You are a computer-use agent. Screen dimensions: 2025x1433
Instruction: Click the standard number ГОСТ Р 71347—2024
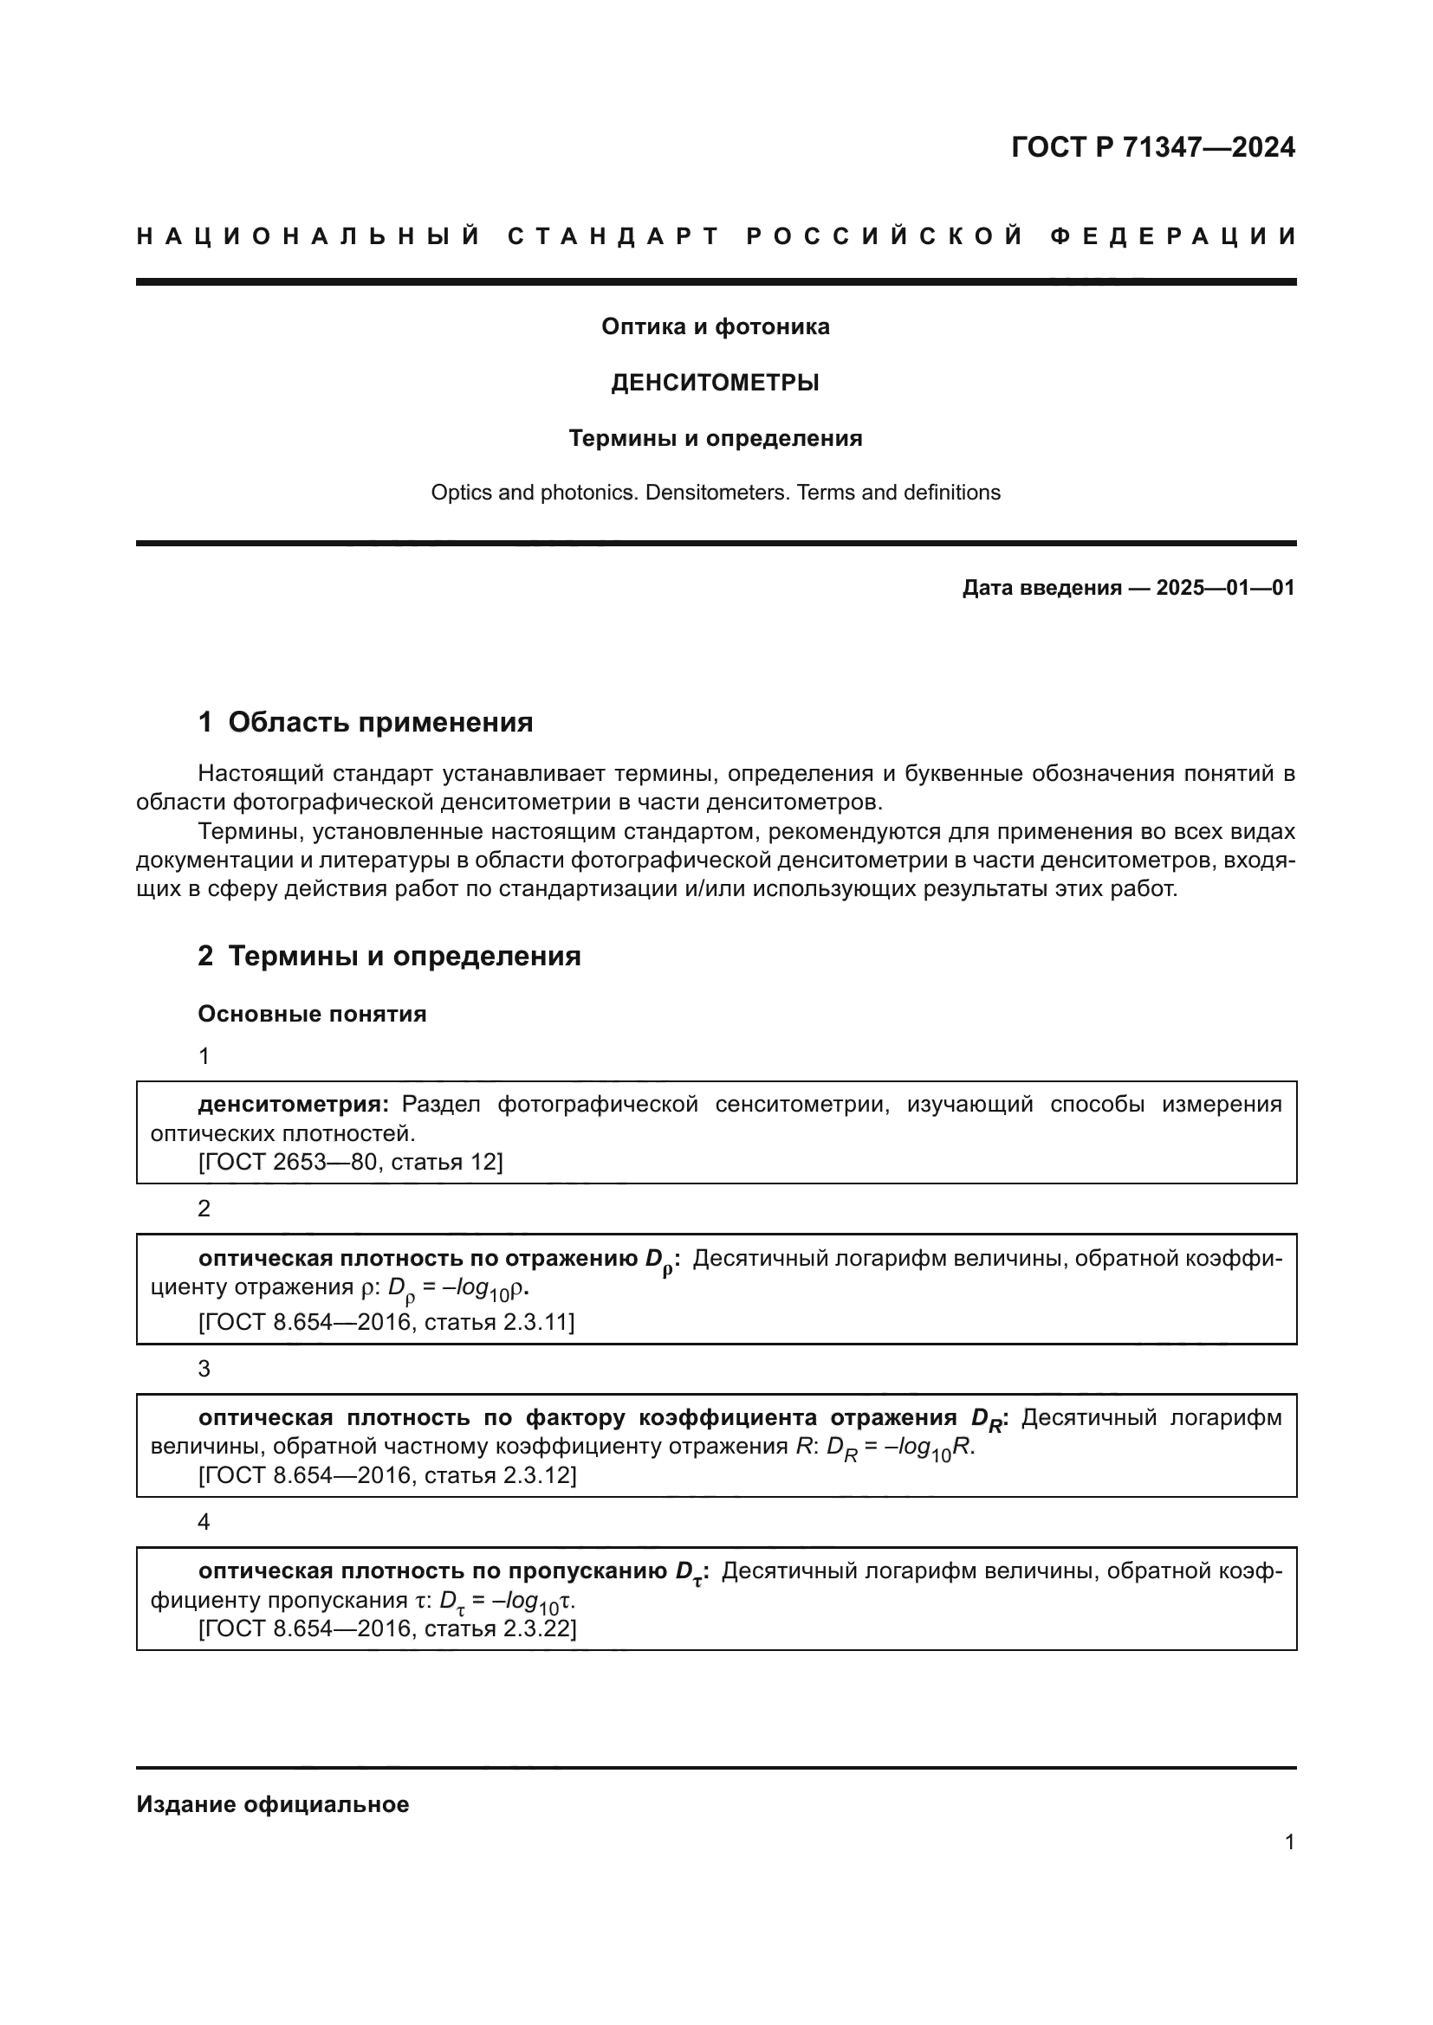tap(1152, 147)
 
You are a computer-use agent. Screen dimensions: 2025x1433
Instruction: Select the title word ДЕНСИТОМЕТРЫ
tap(715, 383)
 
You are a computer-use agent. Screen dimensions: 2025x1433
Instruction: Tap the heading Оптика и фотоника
tap(715, 327)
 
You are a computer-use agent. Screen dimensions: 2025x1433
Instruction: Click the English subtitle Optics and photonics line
tap(715, 493)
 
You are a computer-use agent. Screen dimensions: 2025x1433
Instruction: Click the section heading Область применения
tap(380, 722)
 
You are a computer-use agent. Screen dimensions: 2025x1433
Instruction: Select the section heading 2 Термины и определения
tap(389, 956)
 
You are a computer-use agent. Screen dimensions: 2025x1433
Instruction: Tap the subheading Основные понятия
tap(313, 1015)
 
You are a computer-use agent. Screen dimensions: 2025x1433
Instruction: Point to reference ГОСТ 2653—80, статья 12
tap(350, 1163)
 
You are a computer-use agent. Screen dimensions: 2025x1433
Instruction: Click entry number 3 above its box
tap(204, 1369)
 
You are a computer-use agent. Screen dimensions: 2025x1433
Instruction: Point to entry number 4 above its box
tap(204, 1522)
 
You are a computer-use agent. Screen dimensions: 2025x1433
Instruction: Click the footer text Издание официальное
tap(273, 1804)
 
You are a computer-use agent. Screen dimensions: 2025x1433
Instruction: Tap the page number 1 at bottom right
tap(1289, 1842)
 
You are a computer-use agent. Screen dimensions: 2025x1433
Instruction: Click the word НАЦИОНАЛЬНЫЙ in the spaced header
tap(308, 236)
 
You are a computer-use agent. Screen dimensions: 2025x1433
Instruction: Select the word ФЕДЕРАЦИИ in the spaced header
tap(1173, 236)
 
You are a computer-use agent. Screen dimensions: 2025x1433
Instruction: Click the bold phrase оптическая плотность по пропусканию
tap(432, 1570)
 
